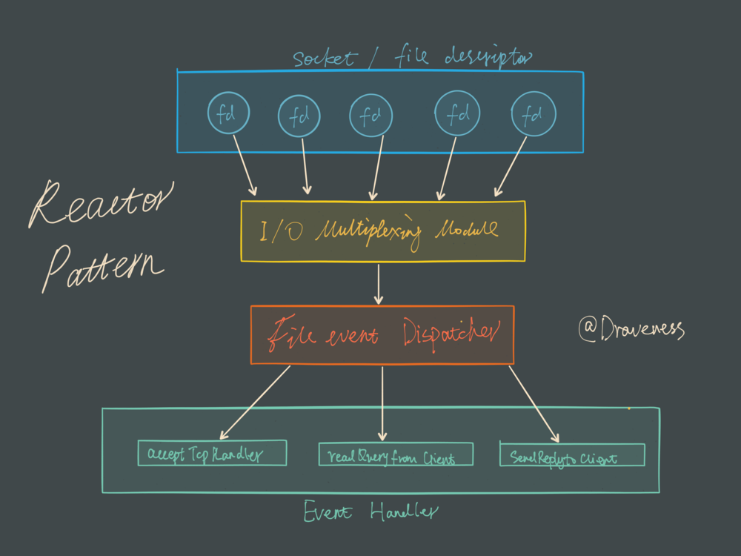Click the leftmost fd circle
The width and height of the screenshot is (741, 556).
pos(228,113)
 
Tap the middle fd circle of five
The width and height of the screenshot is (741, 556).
pos(370,116)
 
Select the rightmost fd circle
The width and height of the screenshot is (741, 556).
pos(534,114)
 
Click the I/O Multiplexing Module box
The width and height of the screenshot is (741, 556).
pos(382,231)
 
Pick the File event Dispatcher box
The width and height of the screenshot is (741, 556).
pos(382,334)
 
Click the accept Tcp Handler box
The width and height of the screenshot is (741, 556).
pos(212,454)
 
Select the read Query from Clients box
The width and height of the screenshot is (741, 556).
pos(396,454)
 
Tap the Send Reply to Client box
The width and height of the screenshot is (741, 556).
pos(572,454)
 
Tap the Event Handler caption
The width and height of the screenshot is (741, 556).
pos(370,512)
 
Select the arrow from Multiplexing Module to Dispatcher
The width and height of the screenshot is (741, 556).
pos(379,283)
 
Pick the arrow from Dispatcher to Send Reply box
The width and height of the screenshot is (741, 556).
pos(534,403)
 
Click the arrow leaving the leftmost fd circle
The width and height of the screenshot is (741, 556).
pos(245,163)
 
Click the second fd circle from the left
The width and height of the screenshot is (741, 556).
pos(299,116)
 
